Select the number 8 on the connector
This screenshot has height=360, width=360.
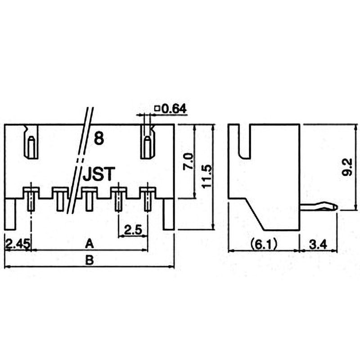(x=99, y=139)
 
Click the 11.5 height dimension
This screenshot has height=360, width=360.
(x=207, y=176)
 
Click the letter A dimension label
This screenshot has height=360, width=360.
(x=89, y=244)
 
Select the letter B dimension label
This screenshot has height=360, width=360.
(x=89, y=261)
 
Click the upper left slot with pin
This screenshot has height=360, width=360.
(x=31, y=142)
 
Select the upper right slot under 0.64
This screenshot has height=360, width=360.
(x=147, y=142)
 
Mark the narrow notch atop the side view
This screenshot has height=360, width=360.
(x=245, y=141)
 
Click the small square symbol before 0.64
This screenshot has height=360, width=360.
(x=157, y=108)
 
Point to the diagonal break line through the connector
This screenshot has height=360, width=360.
(x=80, y=160)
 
